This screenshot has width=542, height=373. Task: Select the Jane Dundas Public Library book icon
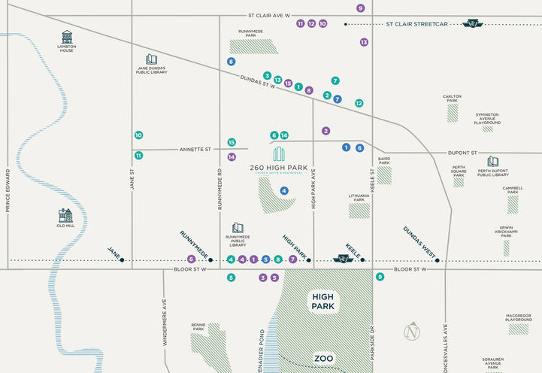[151, 59]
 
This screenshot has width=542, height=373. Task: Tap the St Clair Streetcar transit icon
[474, 24]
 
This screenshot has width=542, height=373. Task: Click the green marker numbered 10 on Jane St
[138, 135]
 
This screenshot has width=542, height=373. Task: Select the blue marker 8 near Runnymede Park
[231, 62]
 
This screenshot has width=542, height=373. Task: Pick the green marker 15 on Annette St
[232, 142]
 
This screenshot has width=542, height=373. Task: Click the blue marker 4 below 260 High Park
[284, 191]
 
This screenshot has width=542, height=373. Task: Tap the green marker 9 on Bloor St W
[380, 277]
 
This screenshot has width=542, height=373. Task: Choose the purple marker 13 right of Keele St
[364, 43]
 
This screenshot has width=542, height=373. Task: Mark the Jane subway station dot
[122, 260]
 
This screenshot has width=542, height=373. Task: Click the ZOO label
[324, 359]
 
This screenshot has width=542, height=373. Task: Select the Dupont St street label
[463, 153]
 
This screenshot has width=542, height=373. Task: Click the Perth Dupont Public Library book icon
[492, 161]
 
